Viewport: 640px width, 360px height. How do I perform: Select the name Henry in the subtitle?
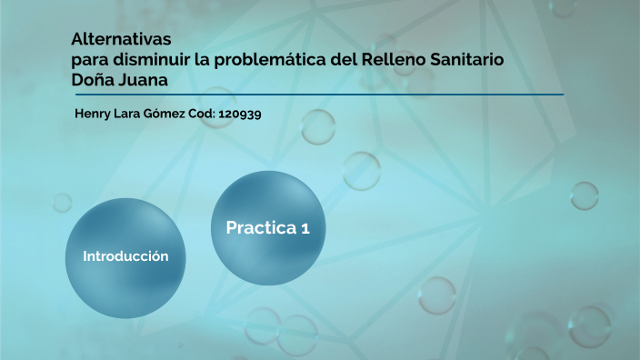coord(91,116)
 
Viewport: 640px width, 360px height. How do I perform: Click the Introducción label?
coord(125,256)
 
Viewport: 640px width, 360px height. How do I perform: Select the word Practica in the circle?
coord(258,228)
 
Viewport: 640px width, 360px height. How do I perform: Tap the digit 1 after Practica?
coord(305,228)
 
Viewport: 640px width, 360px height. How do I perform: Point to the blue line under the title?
coord(318,94)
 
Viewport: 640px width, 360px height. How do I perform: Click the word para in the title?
coord(90,60)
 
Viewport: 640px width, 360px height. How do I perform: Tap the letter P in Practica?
coord(232,228)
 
